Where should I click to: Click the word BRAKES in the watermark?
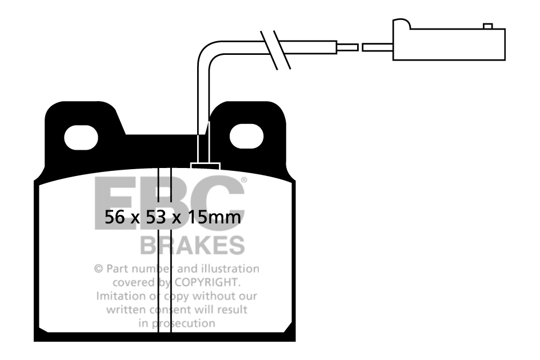(192, 245)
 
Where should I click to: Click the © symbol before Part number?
(98, 269)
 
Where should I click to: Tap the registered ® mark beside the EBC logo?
(243, 180)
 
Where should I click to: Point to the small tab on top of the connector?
(487, 26)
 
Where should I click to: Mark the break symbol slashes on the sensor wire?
(276, 50)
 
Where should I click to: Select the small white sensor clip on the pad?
(205, 166)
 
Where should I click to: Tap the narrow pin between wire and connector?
(349, 47)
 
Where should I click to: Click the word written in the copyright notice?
(127, 310)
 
